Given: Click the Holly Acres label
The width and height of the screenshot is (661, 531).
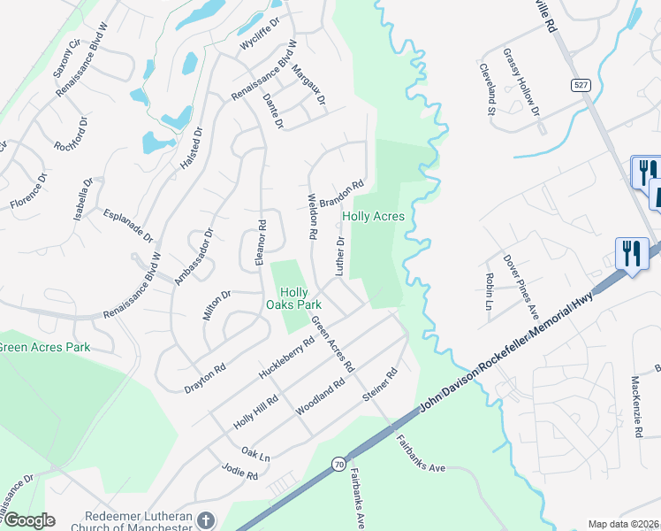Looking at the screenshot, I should [373, 216].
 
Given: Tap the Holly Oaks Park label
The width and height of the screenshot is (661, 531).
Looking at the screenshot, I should [300, 298].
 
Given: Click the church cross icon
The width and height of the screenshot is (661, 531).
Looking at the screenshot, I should [206, 520].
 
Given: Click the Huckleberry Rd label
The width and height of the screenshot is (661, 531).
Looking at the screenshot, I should [286, 355].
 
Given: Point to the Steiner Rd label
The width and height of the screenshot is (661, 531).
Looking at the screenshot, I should [381, 386].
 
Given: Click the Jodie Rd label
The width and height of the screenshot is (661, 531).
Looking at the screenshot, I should [239, 474].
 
